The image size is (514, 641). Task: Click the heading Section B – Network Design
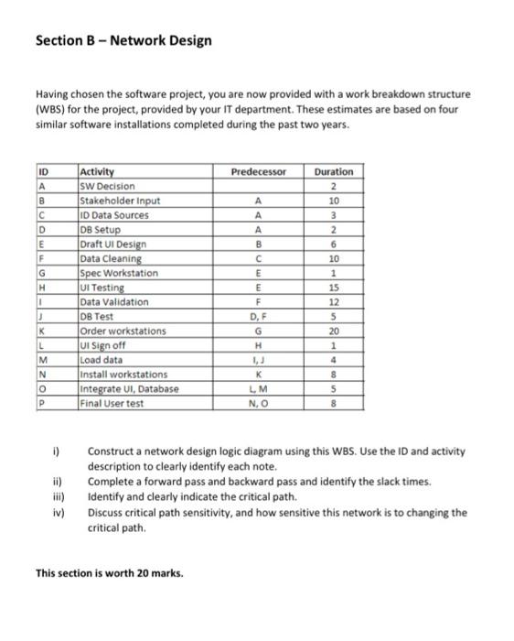pos(123,40)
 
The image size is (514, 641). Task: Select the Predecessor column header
pos(259,171)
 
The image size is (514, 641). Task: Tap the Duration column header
pos(333,171)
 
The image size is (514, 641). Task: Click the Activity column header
pos(98,171)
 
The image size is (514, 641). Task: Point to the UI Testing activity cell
pos(107,288)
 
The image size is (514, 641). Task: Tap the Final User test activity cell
pos(112,403)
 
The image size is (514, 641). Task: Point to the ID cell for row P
pos(42,403)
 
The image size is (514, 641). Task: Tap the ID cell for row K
pos(42,331)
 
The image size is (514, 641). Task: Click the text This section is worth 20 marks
pos(109,574)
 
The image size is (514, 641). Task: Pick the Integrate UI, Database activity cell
pos(129,388)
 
